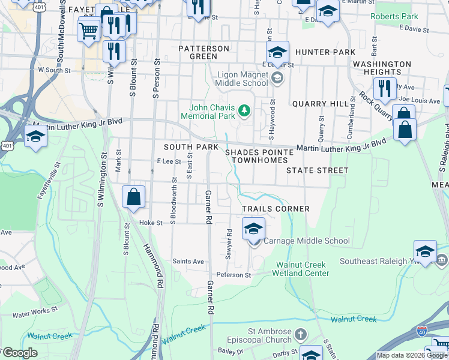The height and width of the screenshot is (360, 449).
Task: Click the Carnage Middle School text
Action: point(306,241)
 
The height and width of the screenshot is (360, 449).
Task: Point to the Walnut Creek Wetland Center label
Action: point(303,269)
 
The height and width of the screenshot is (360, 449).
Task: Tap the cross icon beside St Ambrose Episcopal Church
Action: point(301,334)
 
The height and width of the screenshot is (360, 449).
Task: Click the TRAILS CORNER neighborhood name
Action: point(276,209)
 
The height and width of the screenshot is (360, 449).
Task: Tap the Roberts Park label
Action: point(394,16)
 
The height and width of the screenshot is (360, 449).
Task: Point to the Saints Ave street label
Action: point(188,261)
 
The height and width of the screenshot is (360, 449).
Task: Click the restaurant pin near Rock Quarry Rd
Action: point(385,89)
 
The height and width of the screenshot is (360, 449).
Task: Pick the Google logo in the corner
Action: point(20,353)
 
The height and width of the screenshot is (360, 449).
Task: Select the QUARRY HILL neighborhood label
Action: point(320,104)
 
